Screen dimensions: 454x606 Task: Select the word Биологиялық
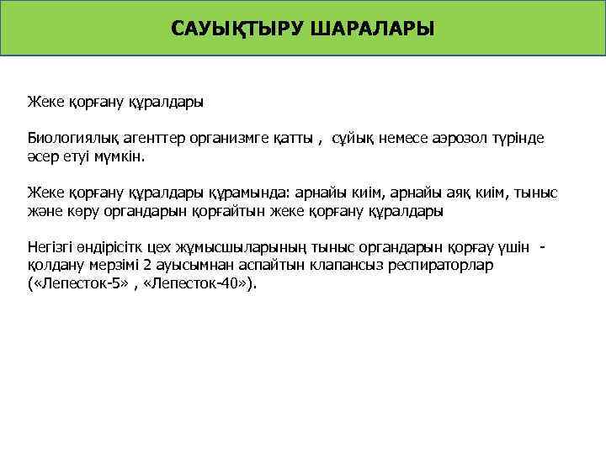(69, 137)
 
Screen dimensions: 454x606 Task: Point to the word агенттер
(146, 137)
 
